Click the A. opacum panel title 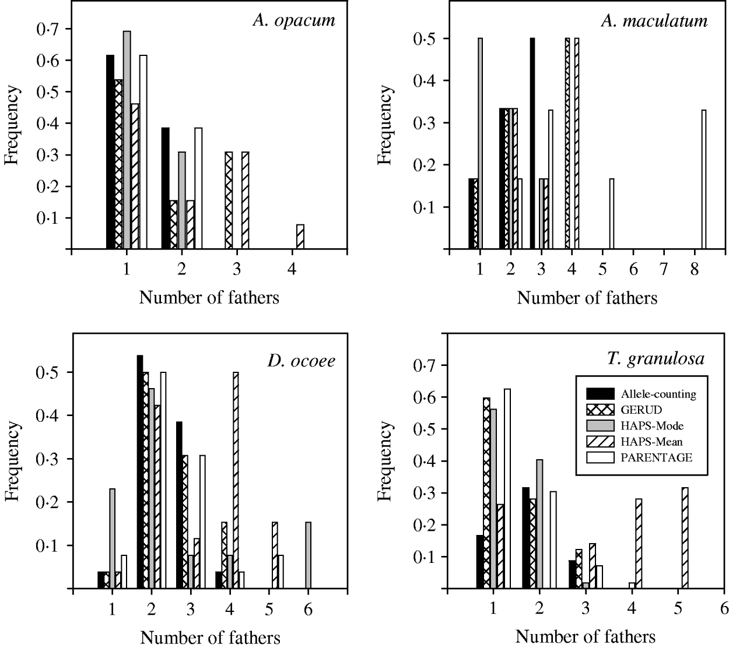(x=294, y=21)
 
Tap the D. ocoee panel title (x=301, y=361)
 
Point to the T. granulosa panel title (x=655, y=358)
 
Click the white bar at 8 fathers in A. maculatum (x=704, y=180)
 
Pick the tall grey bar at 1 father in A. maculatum (x=480, y=144)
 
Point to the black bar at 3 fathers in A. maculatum (x=532, y=144)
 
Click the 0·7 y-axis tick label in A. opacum (x=46, y=29)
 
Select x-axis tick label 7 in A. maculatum (x=664, y=270)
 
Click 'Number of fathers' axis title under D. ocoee (x=211, y=637)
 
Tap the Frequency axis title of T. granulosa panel (x=384, y=462)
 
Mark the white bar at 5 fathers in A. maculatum (x=612, y=214)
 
